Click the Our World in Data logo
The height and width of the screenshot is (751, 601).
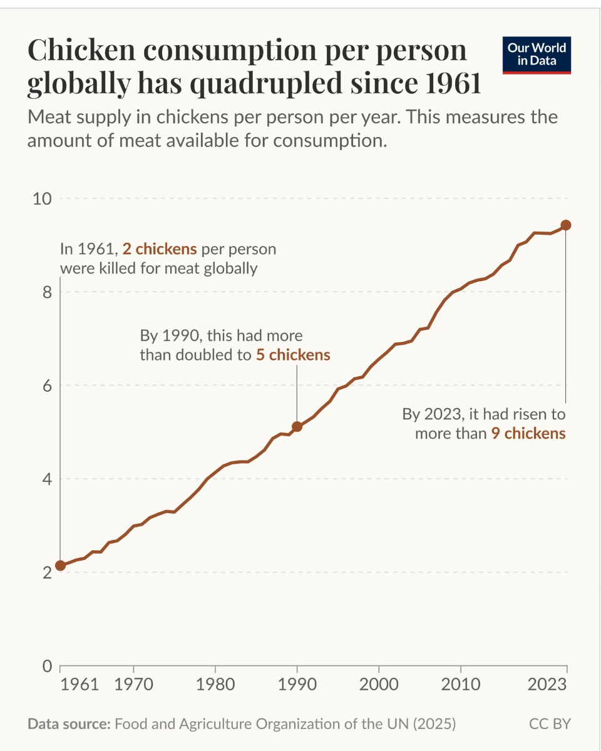537,55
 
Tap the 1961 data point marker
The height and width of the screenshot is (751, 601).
60,566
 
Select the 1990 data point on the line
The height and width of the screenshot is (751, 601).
297,427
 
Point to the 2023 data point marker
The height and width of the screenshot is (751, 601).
566,225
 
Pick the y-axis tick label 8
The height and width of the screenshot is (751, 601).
46,292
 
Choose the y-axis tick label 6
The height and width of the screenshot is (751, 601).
46,386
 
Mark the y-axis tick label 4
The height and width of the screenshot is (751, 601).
46,479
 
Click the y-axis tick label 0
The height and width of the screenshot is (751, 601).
46,666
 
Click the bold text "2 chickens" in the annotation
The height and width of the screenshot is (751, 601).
160,249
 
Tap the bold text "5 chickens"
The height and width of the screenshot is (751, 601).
293,355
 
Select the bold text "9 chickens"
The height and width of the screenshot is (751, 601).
528,432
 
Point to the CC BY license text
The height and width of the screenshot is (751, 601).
550,724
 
